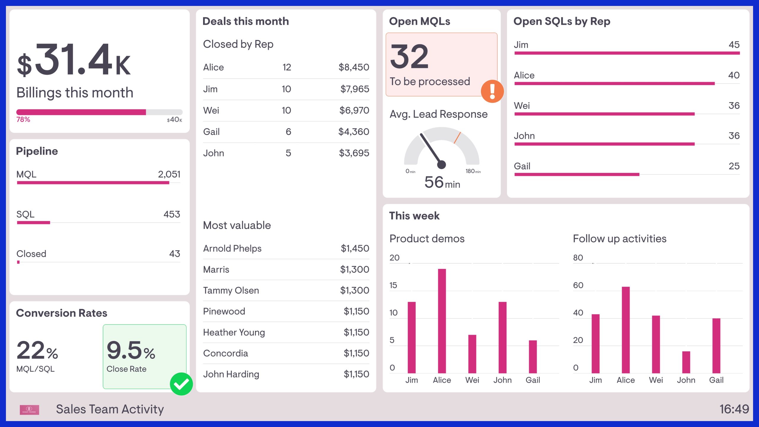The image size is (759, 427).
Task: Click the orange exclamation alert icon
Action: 492,91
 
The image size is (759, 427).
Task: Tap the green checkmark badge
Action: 181,384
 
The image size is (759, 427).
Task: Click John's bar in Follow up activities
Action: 686,362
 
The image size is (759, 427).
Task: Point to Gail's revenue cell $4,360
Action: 354,132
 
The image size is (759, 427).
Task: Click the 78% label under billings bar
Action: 23,120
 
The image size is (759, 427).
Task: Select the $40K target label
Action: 175,120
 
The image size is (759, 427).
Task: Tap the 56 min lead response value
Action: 442,182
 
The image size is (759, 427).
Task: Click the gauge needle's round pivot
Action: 441,164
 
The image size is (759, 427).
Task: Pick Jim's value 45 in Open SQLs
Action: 734,45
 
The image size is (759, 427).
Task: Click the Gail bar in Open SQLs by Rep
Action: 577,174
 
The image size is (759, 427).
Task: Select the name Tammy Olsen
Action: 231,290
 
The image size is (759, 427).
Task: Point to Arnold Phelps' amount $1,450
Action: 355,248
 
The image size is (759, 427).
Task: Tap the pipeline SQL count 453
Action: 172,214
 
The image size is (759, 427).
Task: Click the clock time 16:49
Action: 734,409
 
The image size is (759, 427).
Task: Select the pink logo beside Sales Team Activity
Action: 29,410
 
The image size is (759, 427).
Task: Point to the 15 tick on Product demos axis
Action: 393,285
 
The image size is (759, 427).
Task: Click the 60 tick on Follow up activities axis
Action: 578,285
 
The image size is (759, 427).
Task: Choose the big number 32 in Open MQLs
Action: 409,56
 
